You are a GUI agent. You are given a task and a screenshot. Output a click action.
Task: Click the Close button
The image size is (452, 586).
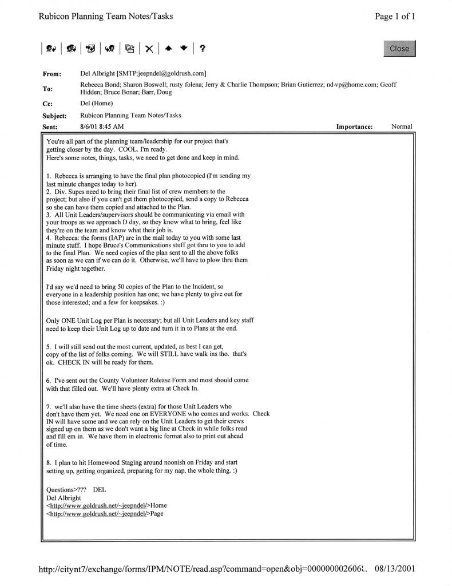coord(399,49)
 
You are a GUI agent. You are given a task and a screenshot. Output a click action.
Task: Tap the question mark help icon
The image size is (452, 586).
coord(203,49)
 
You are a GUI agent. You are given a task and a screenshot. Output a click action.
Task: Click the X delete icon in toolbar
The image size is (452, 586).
coord(149,49)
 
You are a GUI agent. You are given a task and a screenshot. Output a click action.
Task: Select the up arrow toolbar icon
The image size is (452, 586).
coord(168,49)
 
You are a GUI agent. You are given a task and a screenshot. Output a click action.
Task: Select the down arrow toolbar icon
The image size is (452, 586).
coord(183,49)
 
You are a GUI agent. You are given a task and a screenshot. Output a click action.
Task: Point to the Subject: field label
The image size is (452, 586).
coord(55,116)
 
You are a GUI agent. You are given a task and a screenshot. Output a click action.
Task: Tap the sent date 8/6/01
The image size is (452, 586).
coord(91,126)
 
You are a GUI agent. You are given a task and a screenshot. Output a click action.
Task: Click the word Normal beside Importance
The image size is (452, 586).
coord(402,126)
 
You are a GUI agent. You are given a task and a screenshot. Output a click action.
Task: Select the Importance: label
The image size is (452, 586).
coord(354,126)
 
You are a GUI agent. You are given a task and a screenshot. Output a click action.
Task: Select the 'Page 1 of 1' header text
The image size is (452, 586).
coord(395,17)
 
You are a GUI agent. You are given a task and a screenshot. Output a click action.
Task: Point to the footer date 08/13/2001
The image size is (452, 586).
coord(395,569)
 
